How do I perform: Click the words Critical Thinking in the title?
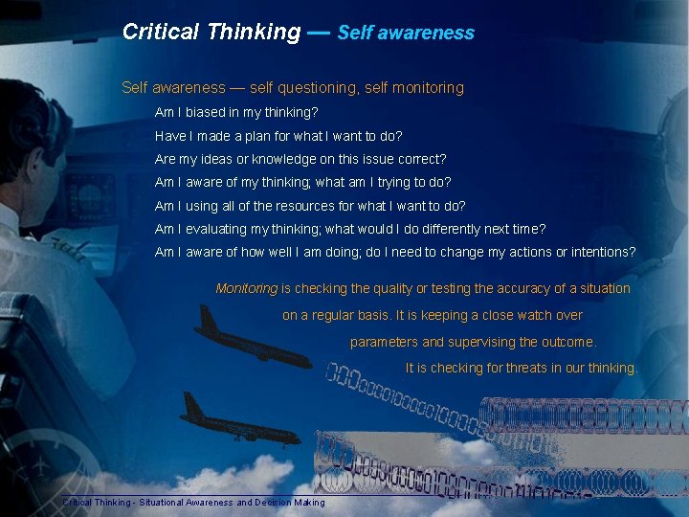pos(211,32)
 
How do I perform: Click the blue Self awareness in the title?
pos(406,33)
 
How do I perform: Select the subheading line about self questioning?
pos(292,88)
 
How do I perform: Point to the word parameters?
pos(384,342)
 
